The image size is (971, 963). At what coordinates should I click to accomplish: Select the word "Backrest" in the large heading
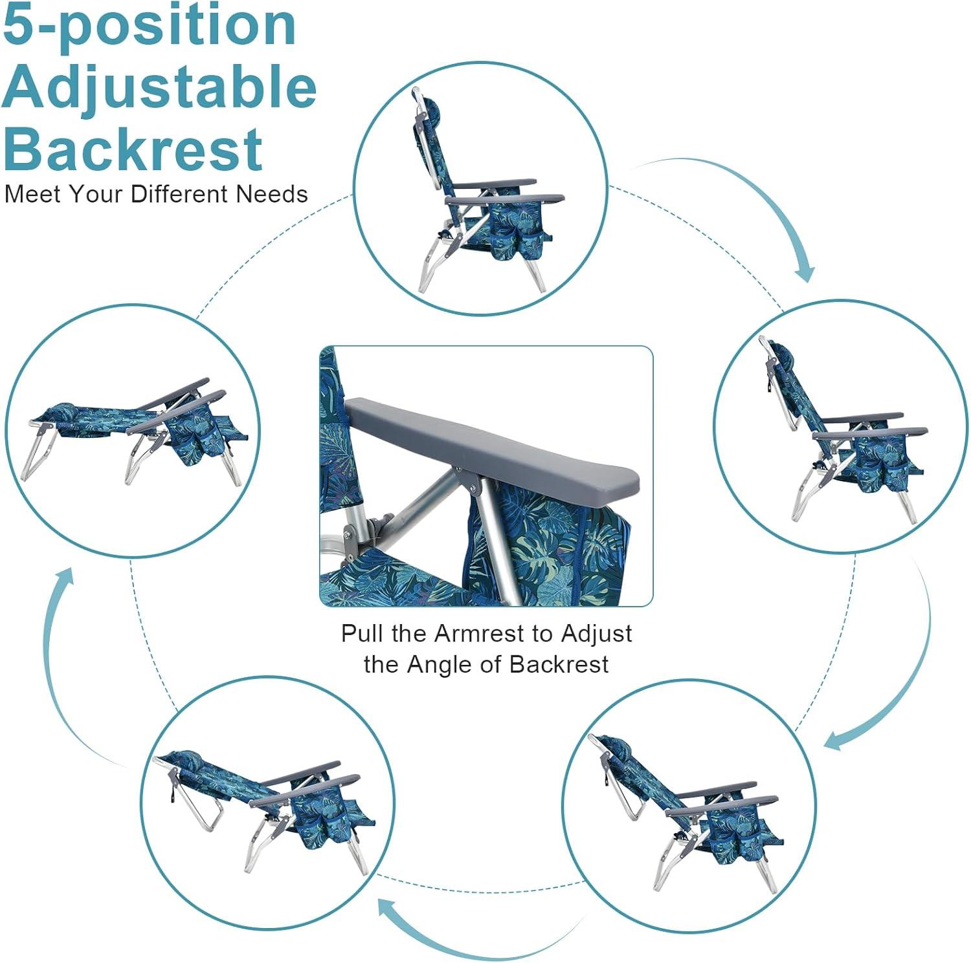tap(133, 148)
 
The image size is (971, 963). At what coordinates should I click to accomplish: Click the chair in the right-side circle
tap(843, 429)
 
